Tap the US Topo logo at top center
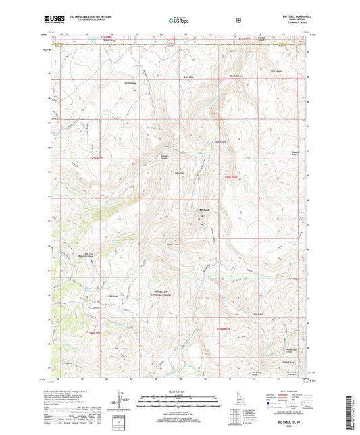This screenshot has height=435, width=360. click(x=180, y=21)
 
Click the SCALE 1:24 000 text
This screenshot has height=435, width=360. click(x=180, y=392)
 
